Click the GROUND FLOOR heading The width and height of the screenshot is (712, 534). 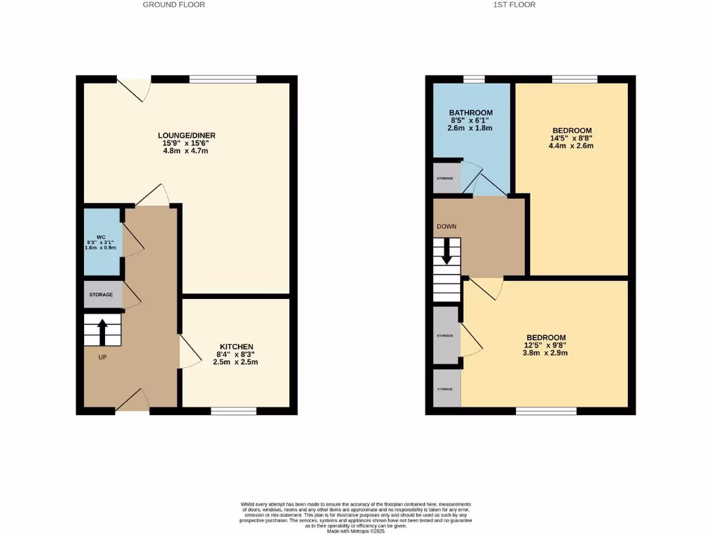pyautogui.click(x=174, y=4)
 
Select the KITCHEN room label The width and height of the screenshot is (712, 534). pyautogui.click(x=236, y=347)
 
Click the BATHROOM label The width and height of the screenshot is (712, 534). pyautogui.click(x=471, y=113)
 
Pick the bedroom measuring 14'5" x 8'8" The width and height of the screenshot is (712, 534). pyautogui.click(x=572, y=131)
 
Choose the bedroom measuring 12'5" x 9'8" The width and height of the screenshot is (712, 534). pyautogui.click(x=544, y=337)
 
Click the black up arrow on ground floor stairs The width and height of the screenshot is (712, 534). pyautogui.click(x=102, y=332)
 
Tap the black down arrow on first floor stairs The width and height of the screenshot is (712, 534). pyautogui.click(x=446, y=252)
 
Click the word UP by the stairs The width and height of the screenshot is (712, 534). pyautogui.click(x=102, y=357)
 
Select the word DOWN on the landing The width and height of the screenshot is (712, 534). pyautogui.click(x=446, y=227)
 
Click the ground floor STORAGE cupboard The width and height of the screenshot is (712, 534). pyautogui.click(x=102, y=295)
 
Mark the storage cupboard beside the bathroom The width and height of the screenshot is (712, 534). pyautogui.click(x=446, y=179)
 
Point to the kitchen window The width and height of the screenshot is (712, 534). pyautogui.click(x=234, y=412)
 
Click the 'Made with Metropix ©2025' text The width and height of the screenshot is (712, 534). pyautogui.click(x=355, y=531)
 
